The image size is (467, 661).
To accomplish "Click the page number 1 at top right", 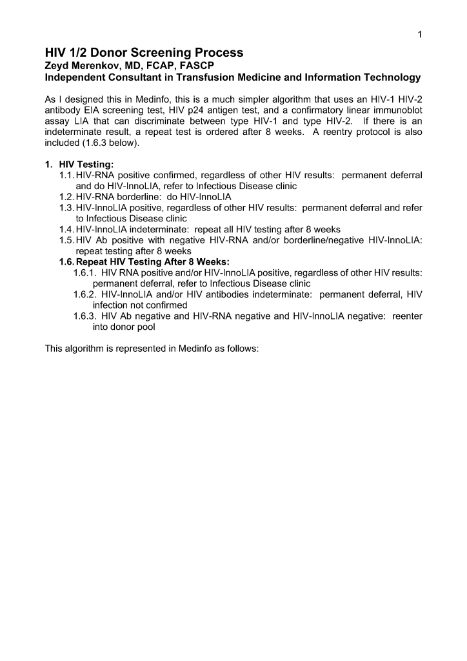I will click(419, 34).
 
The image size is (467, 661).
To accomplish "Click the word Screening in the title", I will click(155, 52).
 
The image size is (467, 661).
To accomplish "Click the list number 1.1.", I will click(66, 175).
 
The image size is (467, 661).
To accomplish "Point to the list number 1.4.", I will click(66, 229).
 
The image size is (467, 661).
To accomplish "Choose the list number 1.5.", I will click(66, 240).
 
